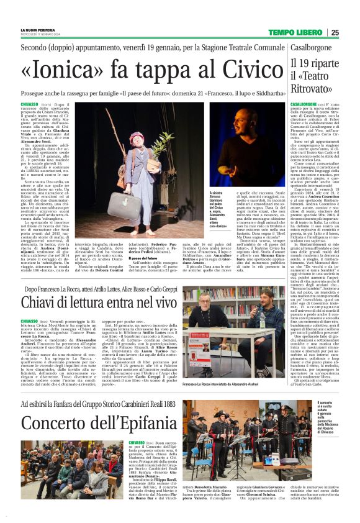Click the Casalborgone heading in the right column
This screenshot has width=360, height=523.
point(317,47)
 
